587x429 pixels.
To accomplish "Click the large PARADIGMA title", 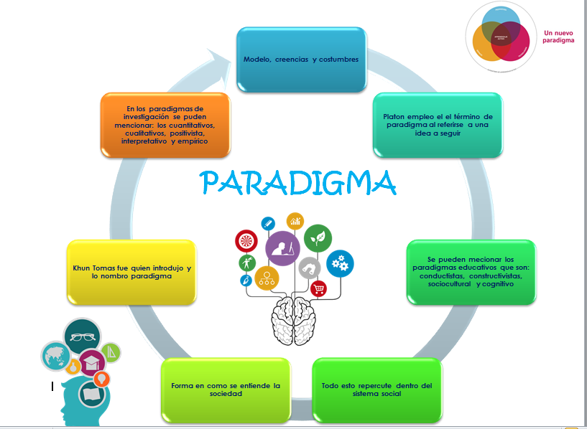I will [299, 182].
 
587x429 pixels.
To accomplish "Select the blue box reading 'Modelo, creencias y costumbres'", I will [301, 60].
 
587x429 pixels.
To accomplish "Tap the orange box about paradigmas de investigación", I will [165, 124].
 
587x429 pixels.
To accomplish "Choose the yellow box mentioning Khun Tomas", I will [131, 271].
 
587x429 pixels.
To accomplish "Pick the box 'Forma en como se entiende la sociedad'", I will [226, 390].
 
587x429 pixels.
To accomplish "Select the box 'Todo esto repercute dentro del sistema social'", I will [376, 390].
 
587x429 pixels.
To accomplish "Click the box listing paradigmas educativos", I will [471, 271].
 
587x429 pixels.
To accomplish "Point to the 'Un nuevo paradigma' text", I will [559, 37].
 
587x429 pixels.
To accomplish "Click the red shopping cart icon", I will [318, 288].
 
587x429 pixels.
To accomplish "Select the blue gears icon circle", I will [340, 264].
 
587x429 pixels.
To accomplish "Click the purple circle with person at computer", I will [282, 248].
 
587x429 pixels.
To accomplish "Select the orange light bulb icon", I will [102, 377].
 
